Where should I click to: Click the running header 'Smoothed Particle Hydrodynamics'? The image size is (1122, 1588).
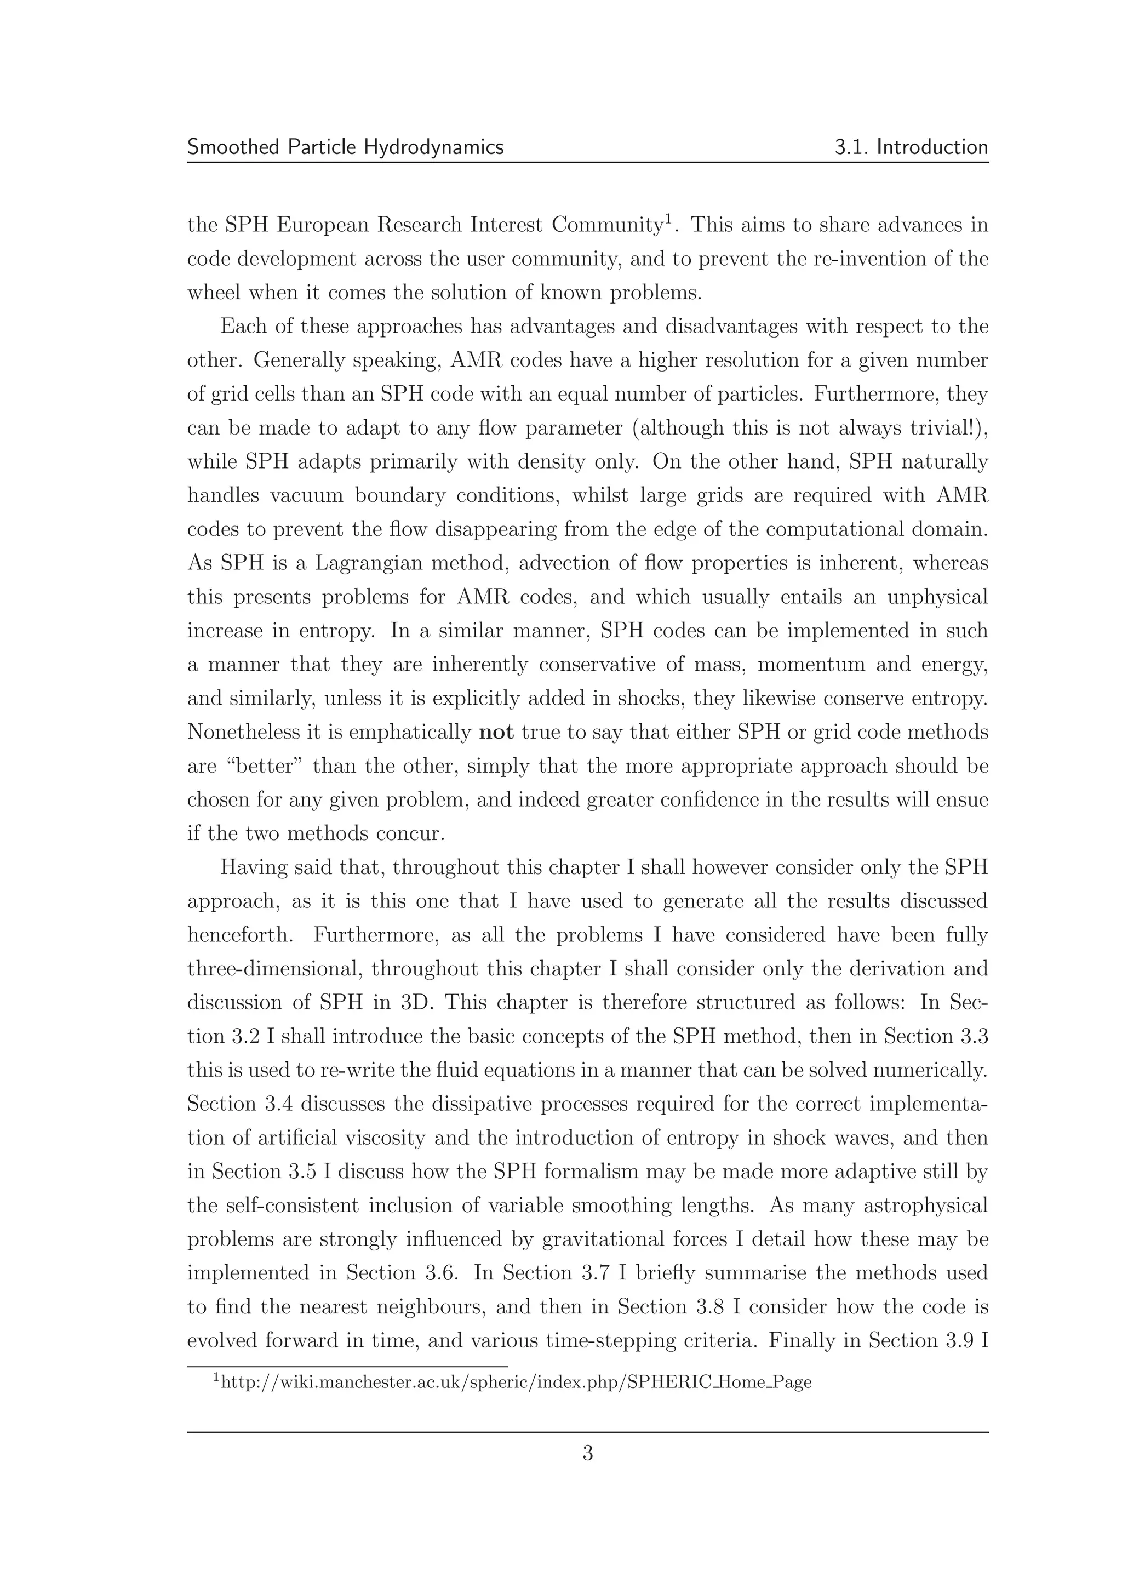coord(345,147)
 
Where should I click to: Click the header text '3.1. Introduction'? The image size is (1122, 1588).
coord(911,147)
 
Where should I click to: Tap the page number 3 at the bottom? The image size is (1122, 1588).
coord(588,1453)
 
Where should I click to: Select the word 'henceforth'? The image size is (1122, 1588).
coord(240,935)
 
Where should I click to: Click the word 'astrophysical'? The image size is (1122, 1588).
coord(925,1206)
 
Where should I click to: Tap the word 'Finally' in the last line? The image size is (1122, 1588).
coord(801,1341)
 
